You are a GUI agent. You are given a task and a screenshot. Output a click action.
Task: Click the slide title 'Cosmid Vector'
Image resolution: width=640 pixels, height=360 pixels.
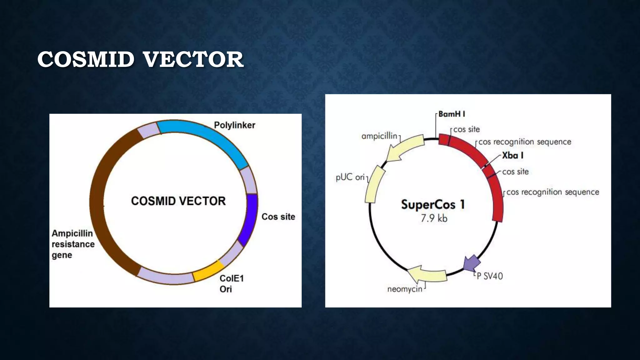(x=140, y=59)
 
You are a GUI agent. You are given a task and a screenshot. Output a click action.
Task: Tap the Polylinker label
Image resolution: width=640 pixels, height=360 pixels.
(x=234, y=125)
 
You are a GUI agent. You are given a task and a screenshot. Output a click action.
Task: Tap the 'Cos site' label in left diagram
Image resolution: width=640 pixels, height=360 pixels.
(x=278, y=217)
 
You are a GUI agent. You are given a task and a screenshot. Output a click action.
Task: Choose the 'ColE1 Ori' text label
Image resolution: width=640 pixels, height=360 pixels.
(x=231, y=283)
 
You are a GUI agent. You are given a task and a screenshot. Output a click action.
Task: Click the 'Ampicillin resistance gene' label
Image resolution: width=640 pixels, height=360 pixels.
(x=73, y=244)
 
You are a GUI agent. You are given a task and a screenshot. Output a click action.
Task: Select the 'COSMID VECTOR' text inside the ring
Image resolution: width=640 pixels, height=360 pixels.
(x=178, y=201)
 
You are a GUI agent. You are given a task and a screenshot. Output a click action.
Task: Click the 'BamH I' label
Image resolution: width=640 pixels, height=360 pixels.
(x=452, y=114)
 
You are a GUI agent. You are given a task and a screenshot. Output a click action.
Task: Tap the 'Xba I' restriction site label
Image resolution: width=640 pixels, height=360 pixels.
(x=512, y=155)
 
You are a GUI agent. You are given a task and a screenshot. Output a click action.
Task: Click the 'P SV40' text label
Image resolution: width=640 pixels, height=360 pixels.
(x=490, y=276)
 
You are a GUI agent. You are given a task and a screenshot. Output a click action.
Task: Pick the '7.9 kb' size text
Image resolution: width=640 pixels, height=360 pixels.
(x=434, y=218)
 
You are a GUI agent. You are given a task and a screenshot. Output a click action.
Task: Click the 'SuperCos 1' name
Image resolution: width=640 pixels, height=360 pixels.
(x=433, y=205)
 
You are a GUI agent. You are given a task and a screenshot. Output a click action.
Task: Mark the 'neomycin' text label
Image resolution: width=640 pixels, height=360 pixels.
(x=405, y=289)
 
